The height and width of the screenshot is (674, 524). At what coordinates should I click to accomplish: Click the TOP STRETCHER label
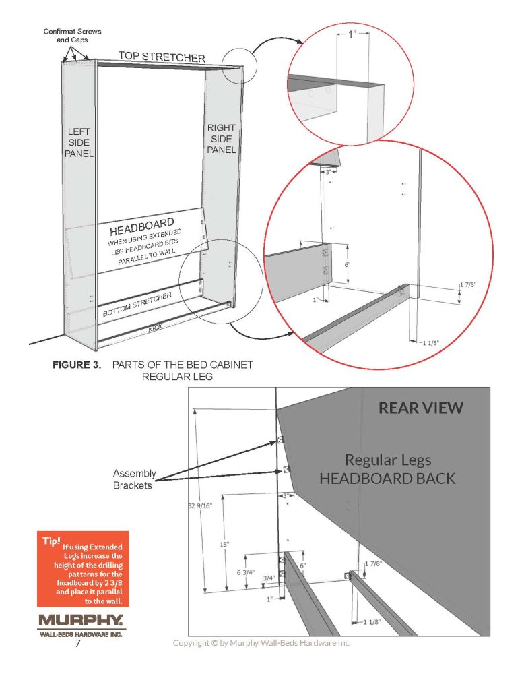[x=161, y=57]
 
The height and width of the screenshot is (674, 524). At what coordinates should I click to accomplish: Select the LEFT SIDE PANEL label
[x=78, y=142]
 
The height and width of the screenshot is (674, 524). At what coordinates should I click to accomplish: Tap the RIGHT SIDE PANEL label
[x=222, y=138]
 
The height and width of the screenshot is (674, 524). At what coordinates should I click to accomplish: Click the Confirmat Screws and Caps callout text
[x=65, y=36]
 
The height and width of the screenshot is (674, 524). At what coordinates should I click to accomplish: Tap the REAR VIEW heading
[x=420, y=408]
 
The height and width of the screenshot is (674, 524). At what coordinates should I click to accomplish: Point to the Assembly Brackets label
[x=134, y=479]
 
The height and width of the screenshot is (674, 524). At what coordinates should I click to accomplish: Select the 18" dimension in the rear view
[x=224, y=543]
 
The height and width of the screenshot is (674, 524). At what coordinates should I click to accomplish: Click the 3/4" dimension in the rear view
[x=268, y=578]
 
